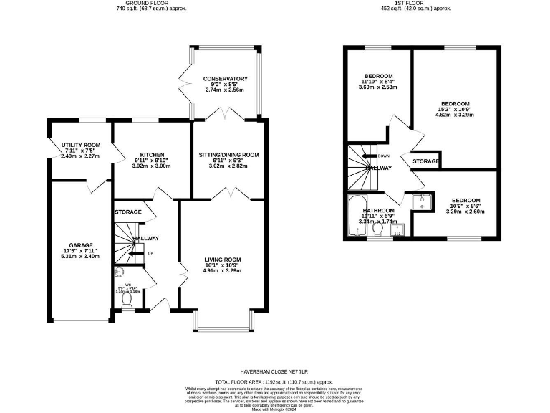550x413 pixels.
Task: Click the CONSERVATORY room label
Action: click(x=225, y=79)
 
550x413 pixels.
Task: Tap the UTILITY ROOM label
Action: click(x=80, y=145)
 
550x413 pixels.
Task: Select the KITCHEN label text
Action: click(x=153, y=155)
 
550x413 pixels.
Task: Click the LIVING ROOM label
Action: click(x=222, y=260)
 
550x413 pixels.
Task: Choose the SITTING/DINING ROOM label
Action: click(x=228, y=155)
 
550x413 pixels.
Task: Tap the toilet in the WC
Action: click(x=127, y=303)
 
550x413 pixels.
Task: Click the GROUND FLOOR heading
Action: click(x=145, y=4)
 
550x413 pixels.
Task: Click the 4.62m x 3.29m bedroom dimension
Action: click(x=455, y=115)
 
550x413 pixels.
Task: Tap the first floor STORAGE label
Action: click(x=425, y=162)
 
